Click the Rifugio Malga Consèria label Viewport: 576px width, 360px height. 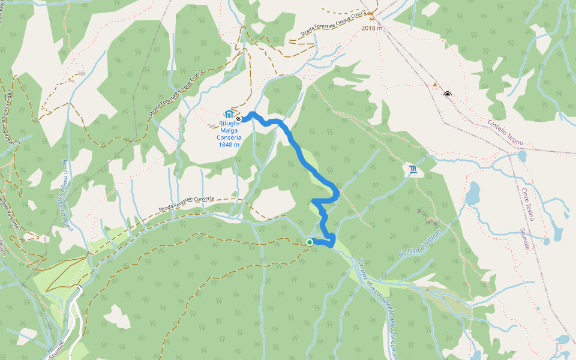[229, 130]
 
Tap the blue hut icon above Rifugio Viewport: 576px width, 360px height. [228, 114]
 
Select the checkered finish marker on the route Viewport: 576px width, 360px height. [239, 119]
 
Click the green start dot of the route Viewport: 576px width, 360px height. [309, 242]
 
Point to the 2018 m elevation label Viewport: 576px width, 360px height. [372, 28]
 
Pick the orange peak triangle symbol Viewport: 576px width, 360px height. [435, 85]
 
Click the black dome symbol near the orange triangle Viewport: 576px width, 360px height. [448, 94]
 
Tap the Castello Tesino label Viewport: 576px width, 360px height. [505, 133]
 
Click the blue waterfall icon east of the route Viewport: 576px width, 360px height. [413, 170]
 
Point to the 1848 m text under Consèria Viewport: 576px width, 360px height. [229, 145]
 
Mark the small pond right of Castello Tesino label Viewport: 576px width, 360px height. [521, 156]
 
